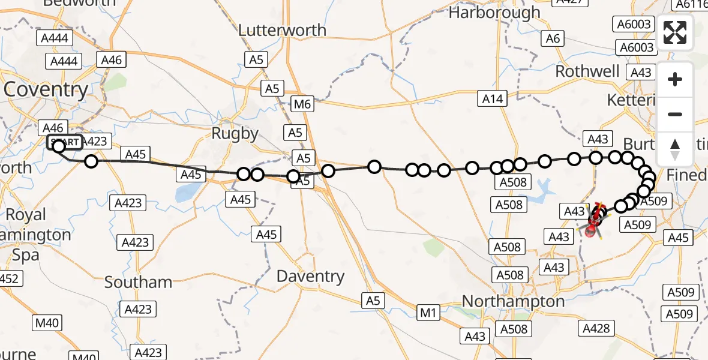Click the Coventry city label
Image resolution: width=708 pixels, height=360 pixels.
coord(46,90)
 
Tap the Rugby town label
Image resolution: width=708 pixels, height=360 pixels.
coord(235,133)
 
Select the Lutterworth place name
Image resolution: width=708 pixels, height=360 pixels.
coord(282,30)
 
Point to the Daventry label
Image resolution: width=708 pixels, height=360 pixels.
coord(310,277)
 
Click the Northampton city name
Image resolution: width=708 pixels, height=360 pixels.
coord(514,301)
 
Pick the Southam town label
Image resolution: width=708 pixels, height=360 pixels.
coord(138,282)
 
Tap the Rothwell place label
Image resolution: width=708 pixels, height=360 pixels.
coord(587,71)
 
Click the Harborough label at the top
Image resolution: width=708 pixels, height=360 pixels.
coord(503,12)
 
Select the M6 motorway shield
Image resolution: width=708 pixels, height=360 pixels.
coord(302,104)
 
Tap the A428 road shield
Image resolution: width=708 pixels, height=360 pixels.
coord(596,328)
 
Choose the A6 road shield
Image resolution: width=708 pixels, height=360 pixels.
coord(552,39)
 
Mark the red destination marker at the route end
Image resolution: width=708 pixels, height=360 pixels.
coord(593,229)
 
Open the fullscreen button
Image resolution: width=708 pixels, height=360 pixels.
coord(675,32)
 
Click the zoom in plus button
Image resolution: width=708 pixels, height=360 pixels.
coord(675,79)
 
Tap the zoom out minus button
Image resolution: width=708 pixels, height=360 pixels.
coord(675,114)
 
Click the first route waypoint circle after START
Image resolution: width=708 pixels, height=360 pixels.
coord(91,161)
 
